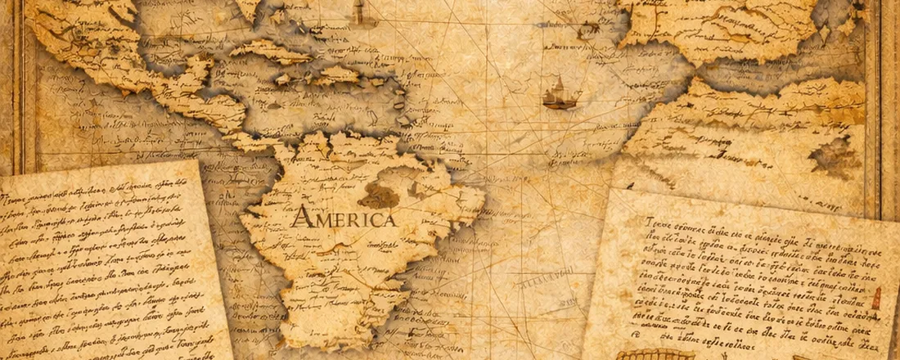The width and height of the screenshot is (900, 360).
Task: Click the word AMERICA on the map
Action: [x=344, y=218]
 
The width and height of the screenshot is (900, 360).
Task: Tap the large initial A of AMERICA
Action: [x=301, y=217]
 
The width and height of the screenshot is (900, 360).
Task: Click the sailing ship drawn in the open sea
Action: [x=560, y=94]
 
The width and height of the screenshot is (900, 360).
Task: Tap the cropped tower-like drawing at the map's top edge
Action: [x=358, y=12]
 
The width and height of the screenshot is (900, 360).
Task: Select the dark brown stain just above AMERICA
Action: [x=378, y=196]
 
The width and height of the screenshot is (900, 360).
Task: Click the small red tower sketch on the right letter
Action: [x=876, y=299]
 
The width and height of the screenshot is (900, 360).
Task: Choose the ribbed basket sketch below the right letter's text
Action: [x=655, y=354]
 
